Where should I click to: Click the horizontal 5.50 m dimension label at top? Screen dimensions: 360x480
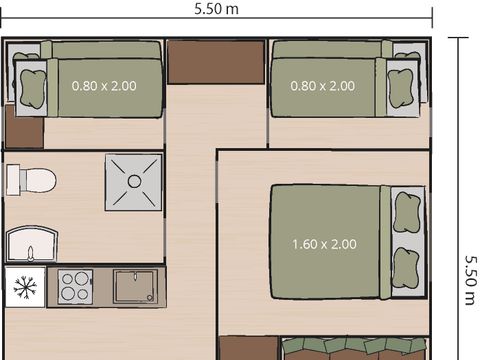click(217, 8)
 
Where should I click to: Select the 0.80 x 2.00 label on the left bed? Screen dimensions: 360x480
click(104, 85)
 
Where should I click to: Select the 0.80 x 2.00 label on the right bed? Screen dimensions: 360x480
click(322, 85)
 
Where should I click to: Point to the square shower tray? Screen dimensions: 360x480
click(133, 181)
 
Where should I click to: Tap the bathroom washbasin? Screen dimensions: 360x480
click(32, 242)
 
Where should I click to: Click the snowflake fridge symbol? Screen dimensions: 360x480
click(24, 289)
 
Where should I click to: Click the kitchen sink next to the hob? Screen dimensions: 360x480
click(133, 288)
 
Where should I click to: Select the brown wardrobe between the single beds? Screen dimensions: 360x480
click(216, 63)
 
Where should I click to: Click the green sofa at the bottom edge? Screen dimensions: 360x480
click(355, 348)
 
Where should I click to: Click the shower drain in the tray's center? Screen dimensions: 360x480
click(133, 181)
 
